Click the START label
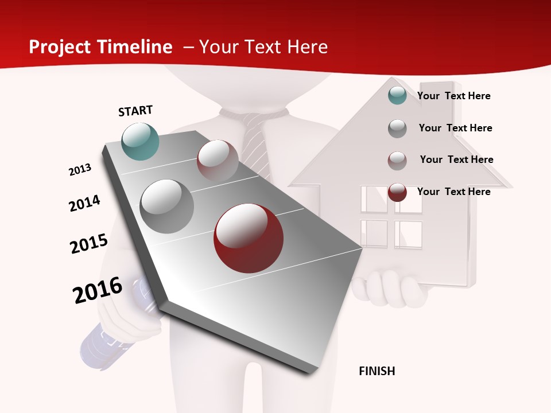coord(135,111)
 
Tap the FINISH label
coord(377,371)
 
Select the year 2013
coord(80,170)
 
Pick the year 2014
coord(84,203)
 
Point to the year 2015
coord(89,244)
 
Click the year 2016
coord(98,290)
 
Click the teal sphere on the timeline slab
coord(140,141)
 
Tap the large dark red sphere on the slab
coord(249,238)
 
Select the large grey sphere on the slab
coord(166,206)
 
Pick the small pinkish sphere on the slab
coord(218,160)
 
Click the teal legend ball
coord(397,95)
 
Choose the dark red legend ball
coord(397,192)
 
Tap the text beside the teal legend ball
coord(453,96)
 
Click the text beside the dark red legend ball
coord(453,192)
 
